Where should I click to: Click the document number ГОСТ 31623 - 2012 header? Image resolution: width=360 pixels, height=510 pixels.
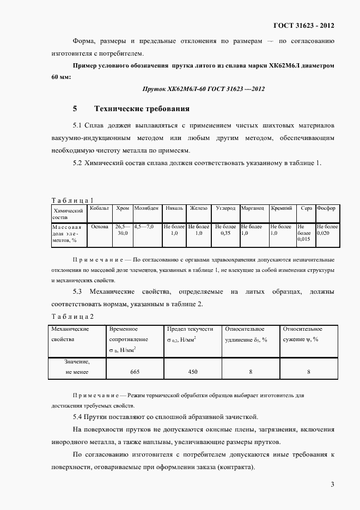coord(304,26)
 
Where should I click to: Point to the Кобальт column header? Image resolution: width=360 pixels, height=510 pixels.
coord(100,208)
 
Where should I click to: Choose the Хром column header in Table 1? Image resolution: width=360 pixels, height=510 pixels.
coord(123,208)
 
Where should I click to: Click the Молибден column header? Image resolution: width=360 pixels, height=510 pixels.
coord(146,208)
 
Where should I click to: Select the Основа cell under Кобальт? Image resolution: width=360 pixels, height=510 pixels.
coord(100,226)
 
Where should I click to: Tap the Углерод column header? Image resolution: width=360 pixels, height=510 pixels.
coord(225,208)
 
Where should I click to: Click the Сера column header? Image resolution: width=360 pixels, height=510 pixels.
coord(306,208)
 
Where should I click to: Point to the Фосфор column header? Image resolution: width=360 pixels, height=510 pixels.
coord(326,208)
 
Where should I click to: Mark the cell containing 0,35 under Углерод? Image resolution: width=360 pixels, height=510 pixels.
coord(225,233)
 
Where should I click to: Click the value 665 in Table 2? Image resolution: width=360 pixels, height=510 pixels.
coord(135,372)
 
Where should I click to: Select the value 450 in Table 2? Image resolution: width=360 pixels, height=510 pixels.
coord(192,372)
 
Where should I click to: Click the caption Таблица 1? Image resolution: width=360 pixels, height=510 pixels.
coord(73,200)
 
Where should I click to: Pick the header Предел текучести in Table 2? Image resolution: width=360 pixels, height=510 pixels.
coord(190,329)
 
